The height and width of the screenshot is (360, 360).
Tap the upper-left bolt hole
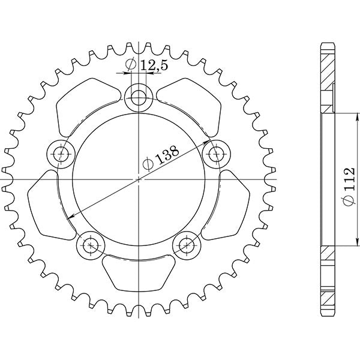click(60, 154)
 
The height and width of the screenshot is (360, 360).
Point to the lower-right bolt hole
click(187, 244)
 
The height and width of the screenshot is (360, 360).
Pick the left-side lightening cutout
click(46, 204)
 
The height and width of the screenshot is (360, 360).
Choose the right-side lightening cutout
click(231, 204)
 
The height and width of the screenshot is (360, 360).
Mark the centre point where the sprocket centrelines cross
click(139, 179)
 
